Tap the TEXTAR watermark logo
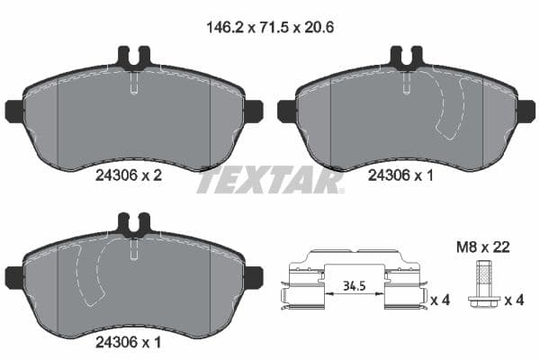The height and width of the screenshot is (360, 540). (x=269, y=180)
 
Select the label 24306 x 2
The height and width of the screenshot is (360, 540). (x=128, y=177)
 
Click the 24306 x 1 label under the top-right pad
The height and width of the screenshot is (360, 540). (x=400, y=177)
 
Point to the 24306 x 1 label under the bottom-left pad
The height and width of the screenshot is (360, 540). (x=128, y=342)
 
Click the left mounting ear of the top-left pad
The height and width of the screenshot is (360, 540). (x=14, y=111)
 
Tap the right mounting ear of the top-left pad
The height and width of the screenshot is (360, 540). (x=253, y=111)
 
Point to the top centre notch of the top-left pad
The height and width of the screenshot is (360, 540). (x=133, y=59)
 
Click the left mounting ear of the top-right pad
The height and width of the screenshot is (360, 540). (x=287, y=111)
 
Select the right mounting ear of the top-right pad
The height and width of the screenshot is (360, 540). (x=526, y=111)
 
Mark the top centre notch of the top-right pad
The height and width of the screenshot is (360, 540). (x=406, y=59)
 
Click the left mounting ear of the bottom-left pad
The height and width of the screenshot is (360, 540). (x=14, y=276)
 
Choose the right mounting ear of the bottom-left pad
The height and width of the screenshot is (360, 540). (x=253, y=276)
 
